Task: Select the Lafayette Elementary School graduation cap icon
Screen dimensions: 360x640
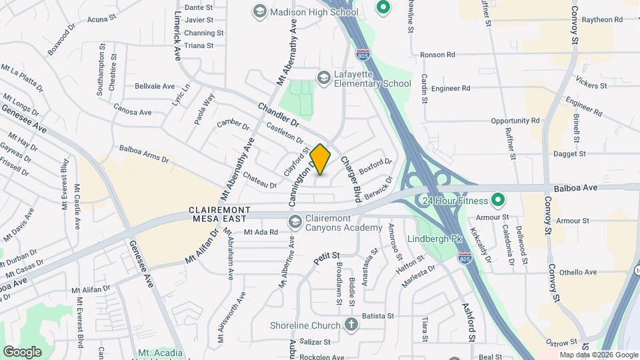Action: pyautogui.click(x=324, y=78)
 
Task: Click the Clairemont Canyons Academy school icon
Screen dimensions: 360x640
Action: pyautogui.click(x=294, y=221)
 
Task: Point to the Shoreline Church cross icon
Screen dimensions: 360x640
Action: pyautogui.click(x=351, y=325)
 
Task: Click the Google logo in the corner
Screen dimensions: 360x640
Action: pyautogui.click(x=22, y=351)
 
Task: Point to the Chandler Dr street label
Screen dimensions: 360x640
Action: pyautogui.click(x=278, y=113)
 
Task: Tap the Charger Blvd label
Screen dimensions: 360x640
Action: pyautogui.click(x=350, y=179)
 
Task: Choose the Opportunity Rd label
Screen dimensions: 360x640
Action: pyautogui.click(x=515, y=121)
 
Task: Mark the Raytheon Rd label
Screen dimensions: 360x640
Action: pyautogui.click(x=602, y=19)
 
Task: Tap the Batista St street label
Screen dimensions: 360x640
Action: pyautogui.click(x=378, y=315)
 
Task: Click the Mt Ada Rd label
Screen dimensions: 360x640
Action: pyautogui.click(x=260, y=232)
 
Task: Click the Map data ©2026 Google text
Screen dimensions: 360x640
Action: pyautogui.click(x=598, y=355)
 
